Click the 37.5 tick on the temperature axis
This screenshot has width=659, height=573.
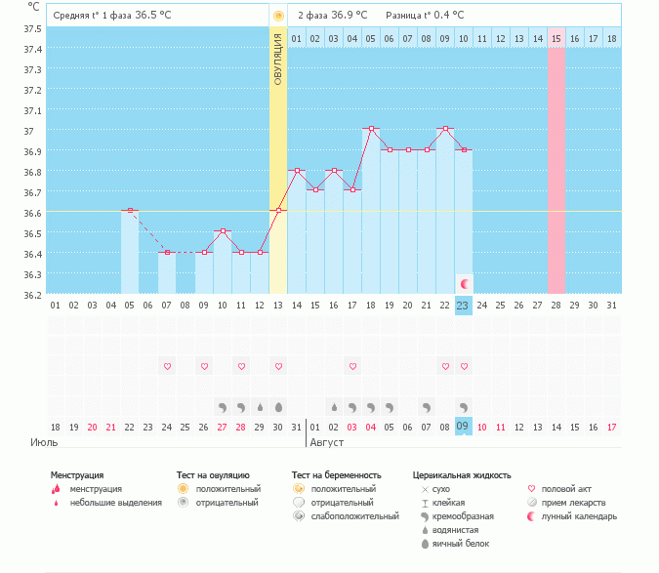(32, 29)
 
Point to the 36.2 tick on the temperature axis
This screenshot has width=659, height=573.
(32, 296)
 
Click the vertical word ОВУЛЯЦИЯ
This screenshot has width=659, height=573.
(278, 60)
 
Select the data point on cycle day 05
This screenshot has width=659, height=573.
(130, 211)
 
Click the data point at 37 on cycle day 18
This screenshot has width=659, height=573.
(371, 129)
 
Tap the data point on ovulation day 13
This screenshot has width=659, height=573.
(278, 211)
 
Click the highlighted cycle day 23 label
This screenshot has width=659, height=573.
(463, 306)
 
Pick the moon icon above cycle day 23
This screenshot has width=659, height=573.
(464, 284)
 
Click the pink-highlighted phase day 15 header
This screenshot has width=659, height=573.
(556, 39)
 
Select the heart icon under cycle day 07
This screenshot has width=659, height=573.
(167, 366)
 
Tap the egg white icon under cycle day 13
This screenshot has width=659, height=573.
(278, 407)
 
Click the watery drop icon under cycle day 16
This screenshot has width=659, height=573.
(334, 407)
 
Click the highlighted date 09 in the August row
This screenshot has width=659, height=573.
(463, 427)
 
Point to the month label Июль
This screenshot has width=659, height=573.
(44, 443)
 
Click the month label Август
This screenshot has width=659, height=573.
(326, 443)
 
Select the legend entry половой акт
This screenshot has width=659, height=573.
(566, 489)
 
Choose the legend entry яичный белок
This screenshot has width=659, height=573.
(461, 544)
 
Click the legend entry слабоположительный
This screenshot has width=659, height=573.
(354, 516)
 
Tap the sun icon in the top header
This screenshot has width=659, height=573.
(278, 17)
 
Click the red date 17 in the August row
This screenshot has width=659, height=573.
(611, 428)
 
